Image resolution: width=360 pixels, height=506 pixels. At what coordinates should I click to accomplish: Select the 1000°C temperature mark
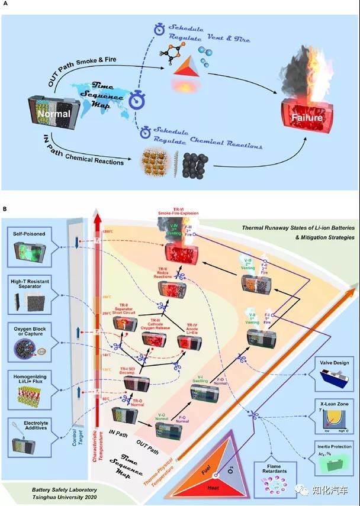point(108,232)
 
